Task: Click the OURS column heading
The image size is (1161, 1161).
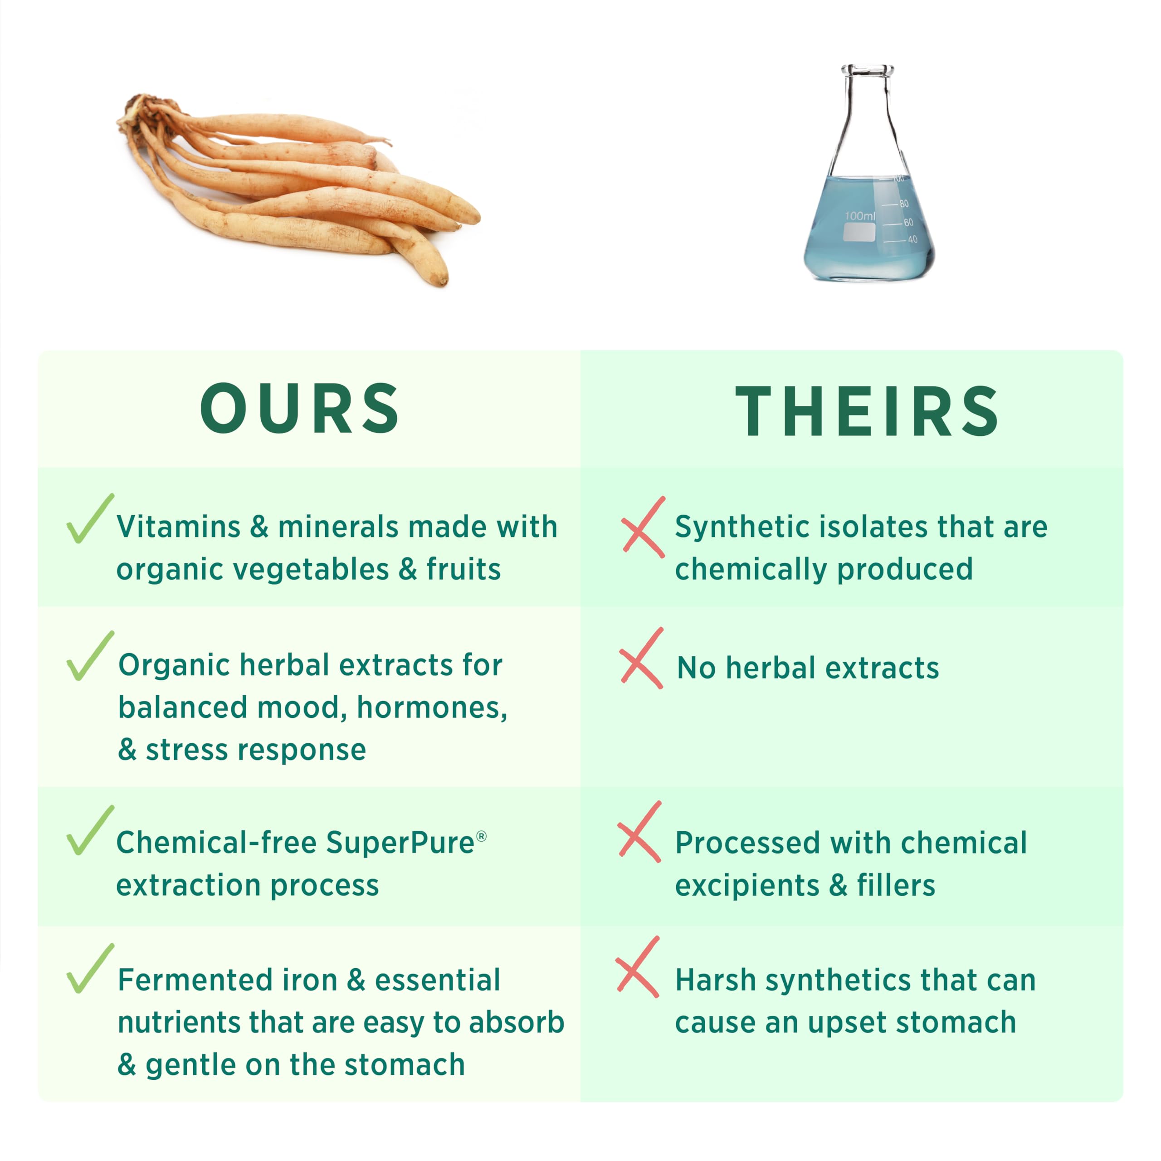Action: [x=300, y=409]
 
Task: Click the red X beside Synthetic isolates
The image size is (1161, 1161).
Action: [x=644, y=527]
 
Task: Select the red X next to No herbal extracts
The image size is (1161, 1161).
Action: [x=642, y=658]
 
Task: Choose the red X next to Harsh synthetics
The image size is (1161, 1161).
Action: [x=638, y=966]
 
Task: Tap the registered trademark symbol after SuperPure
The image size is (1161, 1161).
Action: [x=481, y=836]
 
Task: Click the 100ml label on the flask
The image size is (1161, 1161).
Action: [x=860, y=215]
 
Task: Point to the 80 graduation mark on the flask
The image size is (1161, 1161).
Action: [x=904, y=204]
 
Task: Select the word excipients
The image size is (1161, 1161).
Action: [x=747, y=886]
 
